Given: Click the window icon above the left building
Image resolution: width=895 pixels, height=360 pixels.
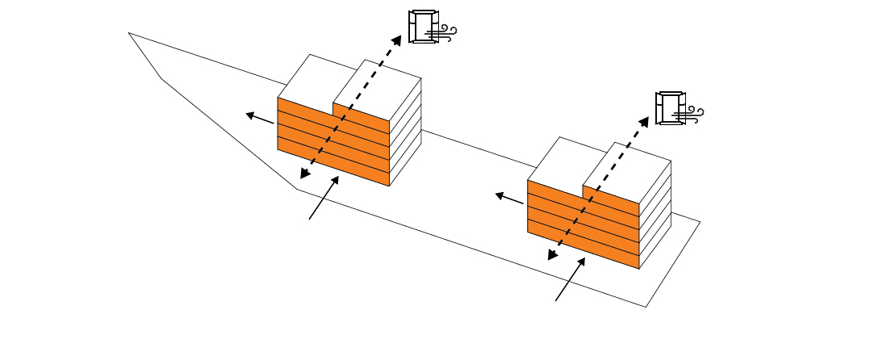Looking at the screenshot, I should click(423, 27).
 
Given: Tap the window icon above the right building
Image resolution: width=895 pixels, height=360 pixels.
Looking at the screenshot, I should click(670, 108).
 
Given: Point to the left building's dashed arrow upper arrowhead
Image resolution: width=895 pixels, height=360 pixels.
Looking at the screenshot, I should click(396, 40).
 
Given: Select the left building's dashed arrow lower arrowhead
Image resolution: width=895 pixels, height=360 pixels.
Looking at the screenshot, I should click(305, 174).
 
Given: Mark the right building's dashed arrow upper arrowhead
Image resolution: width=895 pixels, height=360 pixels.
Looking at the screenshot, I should click(644, 121).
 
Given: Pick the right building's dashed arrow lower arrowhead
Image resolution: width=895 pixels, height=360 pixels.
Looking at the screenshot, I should click(553, 255).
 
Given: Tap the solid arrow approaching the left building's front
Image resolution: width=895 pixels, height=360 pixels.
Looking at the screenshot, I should click(324, 197).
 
